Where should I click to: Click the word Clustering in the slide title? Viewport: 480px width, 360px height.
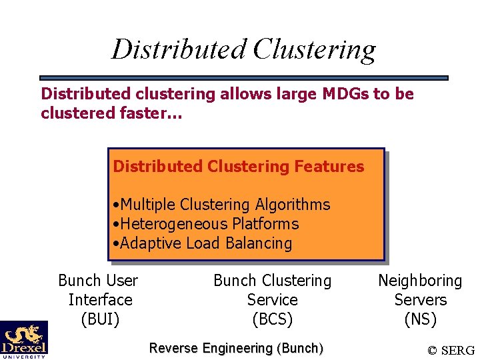click(x=315, y=49)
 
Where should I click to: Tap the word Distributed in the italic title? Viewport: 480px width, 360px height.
click(x=179, y=49)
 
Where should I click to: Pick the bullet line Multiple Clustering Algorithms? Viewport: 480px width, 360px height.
click(x=221, y=205)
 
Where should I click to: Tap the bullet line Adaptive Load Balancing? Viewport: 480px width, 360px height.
click(x=202, y=243)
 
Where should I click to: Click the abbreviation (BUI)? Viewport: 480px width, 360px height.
click(x=100, y=319)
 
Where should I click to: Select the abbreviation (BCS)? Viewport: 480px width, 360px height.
click(x=272, y=319)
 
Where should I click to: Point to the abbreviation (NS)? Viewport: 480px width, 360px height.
click(x=420, y=319)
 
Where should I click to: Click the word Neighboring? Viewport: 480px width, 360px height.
click(x=420, y=281)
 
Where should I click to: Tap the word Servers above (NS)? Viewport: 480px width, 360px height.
click(x=420, y=300)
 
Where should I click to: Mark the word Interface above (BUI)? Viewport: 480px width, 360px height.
click(x=100, y=300)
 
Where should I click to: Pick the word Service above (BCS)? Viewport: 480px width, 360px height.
click(x=272, y=300)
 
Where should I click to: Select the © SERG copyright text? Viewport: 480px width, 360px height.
click(x=451, y=350)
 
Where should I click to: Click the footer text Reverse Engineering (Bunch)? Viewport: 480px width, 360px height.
click(x=236, y=348)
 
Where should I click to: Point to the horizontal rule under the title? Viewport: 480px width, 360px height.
click(x=243, y=78)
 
